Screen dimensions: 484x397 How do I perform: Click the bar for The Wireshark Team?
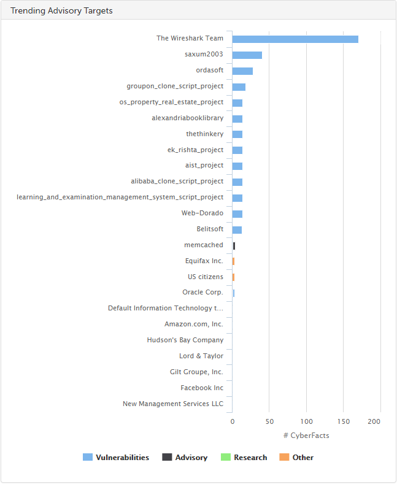[295, 39]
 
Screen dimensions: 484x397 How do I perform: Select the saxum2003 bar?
[247, 55]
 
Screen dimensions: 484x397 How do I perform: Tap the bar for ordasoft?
[242, 71]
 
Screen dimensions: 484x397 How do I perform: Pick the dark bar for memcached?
[234, 246]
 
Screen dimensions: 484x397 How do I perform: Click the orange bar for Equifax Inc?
[233, 261]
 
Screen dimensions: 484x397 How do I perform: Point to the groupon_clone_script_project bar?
[239, 87]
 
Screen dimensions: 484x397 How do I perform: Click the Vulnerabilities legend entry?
[116, 458]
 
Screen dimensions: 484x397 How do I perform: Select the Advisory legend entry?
[185, 458]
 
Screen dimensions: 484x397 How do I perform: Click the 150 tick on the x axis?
[343, 421]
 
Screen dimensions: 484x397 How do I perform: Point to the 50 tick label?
[269, 421]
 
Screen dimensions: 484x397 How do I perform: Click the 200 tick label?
[374, 421]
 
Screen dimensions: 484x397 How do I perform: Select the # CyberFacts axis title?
[306, 436]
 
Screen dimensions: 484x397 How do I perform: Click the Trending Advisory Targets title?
[61, 11]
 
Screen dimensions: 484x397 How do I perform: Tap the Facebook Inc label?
[202, 388]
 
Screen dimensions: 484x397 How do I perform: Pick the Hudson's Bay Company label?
[185, 340]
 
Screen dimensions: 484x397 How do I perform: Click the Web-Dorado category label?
[202, 213]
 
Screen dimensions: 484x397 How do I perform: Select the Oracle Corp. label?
[202, 293]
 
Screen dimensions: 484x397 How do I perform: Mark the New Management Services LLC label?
[173, 404]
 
